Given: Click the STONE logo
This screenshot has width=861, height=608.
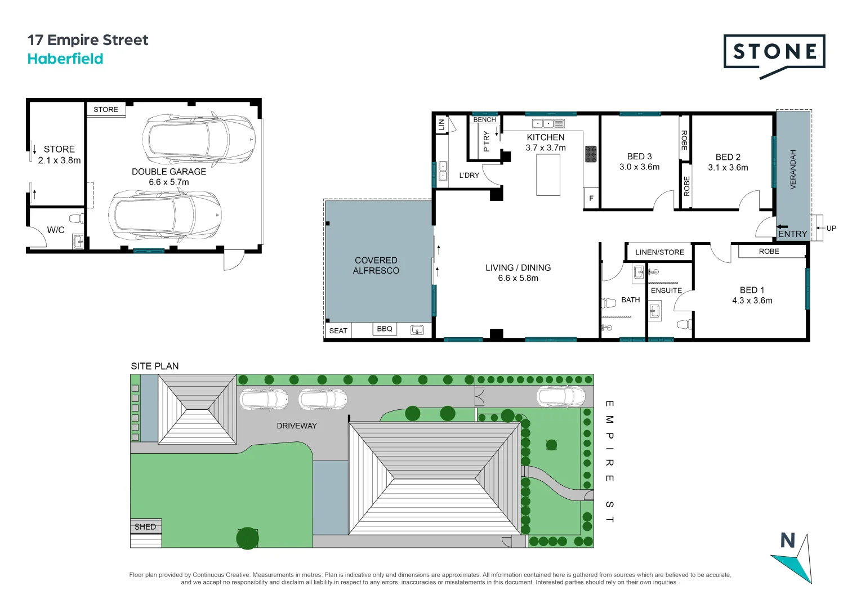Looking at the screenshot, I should click(774, 52).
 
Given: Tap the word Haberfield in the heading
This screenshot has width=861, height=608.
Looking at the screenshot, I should click(65, 59).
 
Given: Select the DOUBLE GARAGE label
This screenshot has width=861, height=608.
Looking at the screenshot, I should click(169, 172).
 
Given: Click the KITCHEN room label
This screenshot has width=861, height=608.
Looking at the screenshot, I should click(545, 137).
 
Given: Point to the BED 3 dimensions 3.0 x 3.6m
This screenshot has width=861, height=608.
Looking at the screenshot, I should click(639, 167).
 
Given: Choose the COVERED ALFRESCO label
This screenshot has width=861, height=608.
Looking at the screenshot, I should click(376, 265).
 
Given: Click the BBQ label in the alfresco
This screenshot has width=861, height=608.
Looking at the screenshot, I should click(385, 329).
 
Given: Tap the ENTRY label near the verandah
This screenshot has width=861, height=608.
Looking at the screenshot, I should click(792, 234).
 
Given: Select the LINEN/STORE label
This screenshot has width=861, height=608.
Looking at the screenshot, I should click(659, 252).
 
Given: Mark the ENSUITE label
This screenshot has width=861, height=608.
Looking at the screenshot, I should click(666, 290).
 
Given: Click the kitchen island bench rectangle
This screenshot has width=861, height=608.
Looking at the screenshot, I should click(548, 174).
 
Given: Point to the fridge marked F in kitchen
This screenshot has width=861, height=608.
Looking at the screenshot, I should click(591, 198).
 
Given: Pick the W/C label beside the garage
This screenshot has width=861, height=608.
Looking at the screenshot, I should click(56, 230).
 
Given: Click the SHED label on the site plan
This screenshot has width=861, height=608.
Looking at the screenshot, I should click(145, 527).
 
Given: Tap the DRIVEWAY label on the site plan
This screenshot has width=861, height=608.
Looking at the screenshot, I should click(297, 426).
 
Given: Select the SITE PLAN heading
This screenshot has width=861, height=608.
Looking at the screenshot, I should click(155, 366).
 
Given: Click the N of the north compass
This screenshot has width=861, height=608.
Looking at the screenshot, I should click(787, 540).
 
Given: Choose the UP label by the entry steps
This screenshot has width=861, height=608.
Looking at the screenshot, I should click(831, 228).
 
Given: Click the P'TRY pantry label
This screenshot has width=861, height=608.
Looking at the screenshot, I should click(487, 141).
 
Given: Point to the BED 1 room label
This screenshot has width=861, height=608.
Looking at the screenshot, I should click(752, 290).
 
